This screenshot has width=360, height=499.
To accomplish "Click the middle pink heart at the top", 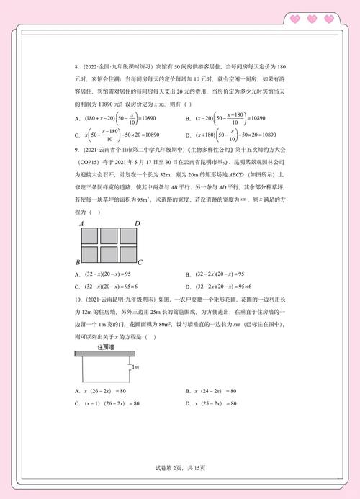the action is [312, 19].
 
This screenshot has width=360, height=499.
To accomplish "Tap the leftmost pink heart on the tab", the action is [294, 19].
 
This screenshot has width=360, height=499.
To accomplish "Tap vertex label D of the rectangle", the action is [137, 224].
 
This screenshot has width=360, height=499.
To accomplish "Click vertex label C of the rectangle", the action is [140, 262].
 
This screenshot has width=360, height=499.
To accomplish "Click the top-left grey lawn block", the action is [90, 235].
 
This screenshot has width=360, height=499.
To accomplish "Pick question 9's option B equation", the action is [224, 274].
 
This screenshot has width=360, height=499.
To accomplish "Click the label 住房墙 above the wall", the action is [105, 346].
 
